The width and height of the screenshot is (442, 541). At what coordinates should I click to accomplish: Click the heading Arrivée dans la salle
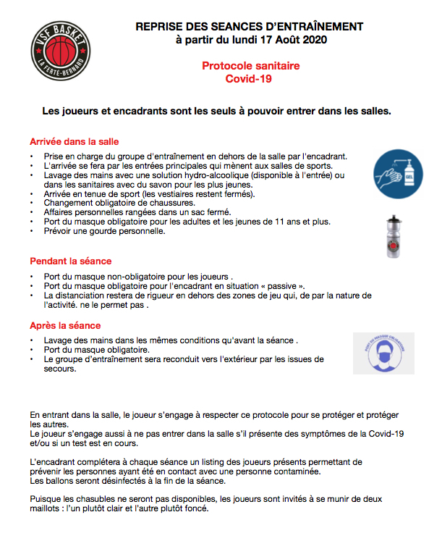point(74,141)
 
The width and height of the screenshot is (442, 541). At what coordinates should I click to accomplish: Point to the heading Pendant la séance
point(70,261)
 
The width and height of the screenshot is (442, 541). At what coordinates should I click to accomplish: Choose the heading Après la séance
point(64,326)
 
